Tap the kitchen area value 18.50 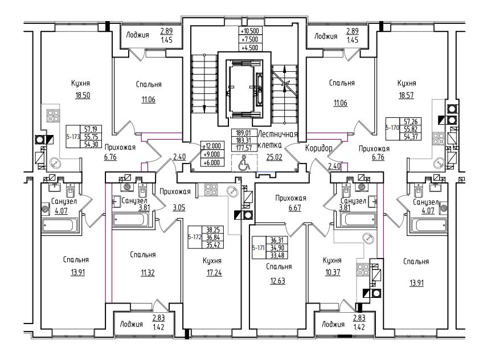tap(83, 96)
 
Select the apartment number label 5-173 tap(73, 137)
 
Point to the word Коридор tap(319, 149)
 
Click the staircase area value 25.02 tap(274, 157)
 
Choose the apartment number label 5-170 tap(393, 127)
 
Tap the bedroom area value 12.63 tap(277, 281)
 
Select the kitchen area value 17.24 tap(214, 272)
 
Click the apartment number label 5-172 tap(195, 237)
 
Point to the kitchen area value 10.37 tap(333, 272)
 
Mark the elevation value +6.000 tap(212, 162)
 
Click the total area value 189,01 tap(243, 133)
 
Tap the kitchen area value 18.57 tap(406, 96)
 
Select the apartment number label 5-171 tap(259, 248)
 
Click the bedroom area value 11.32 tap(148, 273)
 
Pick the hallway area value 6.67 tap(294, 208)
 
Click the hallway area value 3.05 tap(179, 207)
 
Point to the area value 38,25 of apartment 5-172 tap(212, 230)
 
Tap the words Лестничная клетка tap(278, 139)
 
